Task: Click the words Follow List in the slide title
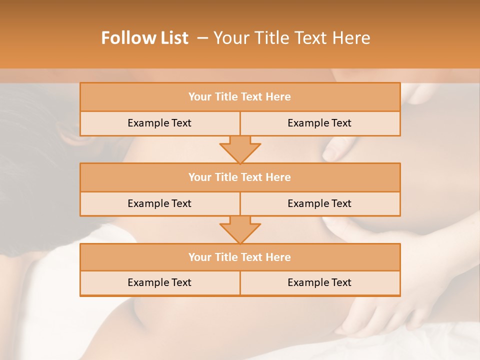pyautogui.click(x=144, y=38)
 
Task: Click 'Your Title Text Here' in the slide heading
pyautogui.click(x=291, y=38)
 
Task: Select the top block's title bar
pyautogui.click(x=240, y=97)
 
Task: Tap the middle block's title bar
pyautogui.click(x=240, y=177)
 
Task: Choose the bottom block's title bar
pyautogui.click(x=240, y=257)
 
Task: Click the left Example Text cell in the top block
pyautogui.click(x=159, y=123)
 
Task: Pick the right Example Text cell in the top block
pyautogui.click(x=319, y=123)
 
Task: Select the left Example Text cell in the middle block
pyautogui.click(x=159, y=204)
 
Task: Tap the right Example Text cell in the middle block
pyautogui.click(x=319, y=204)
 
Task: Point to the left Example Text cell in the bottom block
pyautogui.click(x=159, y=283)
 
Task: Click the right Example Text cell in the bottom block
pyautogui.click(x=319, y=283)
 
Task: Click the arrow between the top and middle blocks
pyautogui.click(x=240, y=149)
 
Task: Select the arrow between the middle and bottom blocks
pyautogui.click(x=240, y=229)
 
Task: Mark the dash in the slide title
pyautogui.click(x=203, y=38)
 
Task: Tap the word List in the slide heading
pyautogui.click(x=171, y=38)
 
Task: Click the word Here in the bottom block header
pyautogui.click(x=278, y=257)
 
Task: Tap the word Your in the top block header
pyautogui.click(x=200, y=97)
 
